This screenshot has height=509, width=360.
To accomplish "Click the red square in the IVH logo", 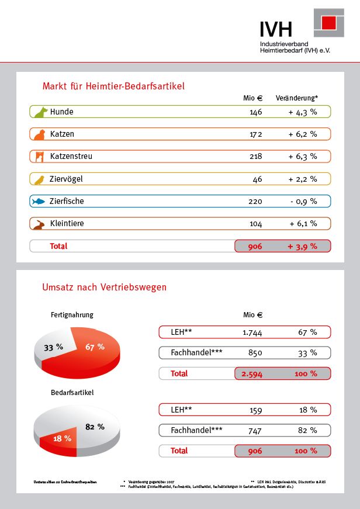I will [x=329, y=23].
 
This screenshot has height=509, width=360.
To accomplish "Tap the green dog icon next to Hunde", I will [x=40, y=112].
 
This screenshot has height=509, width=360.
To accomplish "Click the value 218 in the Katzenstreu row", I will [x=255, y=157].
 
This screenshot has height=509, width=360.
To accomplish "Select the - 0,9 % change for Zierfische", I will [x=302, y=201].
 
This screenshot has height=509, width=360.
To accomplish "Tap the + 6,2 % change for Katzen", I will [x=302, y=134].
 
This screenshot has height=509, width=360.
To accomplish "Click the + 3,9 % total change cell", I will [x=302, y=246].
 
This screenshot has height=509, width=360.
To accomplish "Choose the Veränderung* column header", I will [x=296, y=98].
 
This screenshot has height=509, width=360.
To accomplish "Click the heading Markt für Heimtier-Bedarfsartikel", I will [x=113, y=86].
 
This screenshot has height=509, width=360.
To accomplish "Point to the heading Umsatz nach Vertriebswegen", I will [x=104, y=287].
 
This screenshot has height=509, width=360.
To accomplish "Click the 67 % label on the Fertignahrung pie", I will [x=95, y=347].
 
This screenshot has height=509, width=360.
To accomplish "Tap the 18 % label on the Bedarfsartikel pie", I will [x=63, y=438].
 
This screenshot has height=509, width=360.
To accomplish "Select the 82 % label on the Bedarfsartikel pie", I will [x=94, y=426].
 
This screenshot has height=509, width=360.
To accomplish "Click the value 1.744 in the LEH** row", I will [x=252, y=332].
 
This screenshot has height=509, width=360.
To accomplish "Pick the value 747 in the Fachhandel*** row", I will [x=255, y=430].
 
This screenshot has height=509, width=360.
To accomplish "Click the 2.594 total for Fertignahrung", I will [x=252, y=373].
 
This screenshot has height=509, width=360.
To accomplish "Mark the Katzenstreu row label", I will [x=71, y=157].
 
